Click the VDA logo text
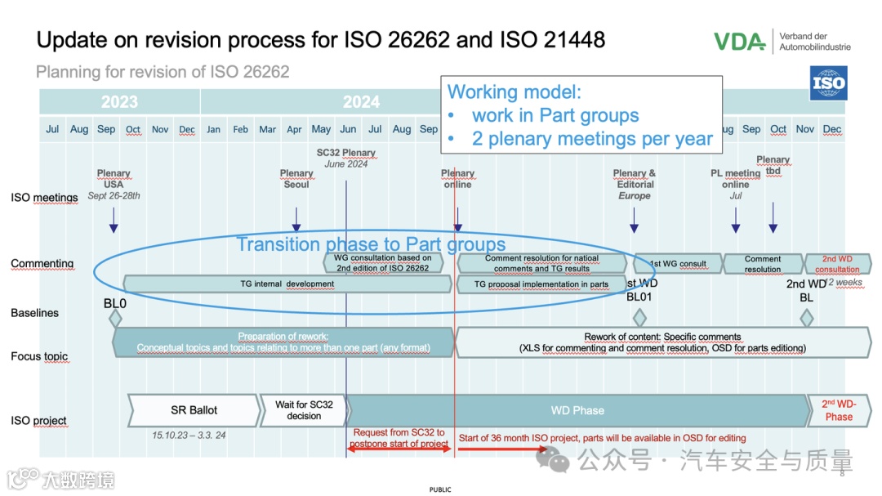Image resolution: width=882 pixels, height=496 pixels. pos(738,41)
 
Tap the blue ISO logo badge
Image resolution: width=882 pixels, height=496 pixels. pos(827,83)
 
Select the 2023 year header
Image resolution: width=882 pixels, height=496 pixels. pos(119,102)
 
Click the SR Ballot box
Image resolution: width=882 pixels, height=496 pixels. pos(194,410)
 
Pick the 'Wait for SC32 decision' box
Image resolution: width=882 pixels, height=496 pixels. pos(304,410)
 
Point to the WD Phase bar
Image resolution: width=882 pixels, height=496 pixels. pos(577,410)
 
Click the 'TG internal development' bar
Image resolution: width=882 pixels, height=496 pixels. pos(287,284)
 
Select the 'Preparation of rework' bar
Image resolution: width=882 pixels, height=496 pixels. pos(283,342)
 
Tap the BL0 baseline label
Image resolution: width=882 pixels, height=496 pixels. pos(115,303)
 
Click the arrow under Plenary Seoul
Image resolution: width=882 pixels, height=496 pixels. pos(296,219)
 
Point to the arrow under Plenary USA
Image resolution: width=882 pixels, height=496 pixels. pos(114,219)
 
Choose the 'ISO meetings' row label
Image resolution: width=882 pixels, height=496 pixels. pos(44,197)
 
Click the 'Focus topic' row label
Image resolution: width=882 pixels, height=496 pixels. pos(39,356)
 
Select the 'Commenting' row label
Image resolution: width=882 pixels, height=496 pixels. pos(42,263)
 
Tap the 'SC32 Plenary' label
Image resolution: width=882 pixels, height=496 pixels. pos(346,153)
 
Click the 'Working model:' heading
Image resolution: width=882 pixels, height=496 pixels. pos(514,92)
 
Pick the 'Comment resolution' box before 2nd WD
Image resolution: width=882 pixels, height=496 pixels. pos(763,263)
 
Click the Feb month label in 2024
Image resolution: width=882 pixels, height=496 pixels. pos(240,129)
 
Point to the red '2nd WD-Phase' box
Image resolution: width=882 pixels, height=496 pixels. pos(838,410)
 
